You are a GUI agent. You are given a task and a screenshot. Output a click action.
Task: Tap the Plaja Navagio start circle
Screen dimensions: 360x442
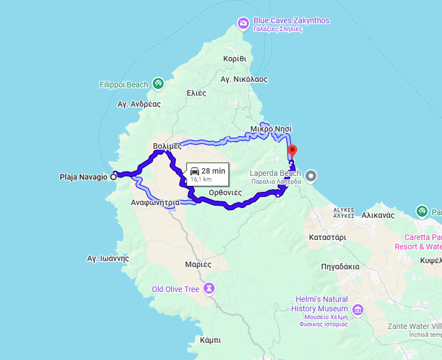point(113,177)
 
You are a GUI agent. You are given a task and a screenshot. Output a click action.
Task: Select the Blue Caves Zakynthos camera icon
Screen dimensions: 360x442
point(243,23)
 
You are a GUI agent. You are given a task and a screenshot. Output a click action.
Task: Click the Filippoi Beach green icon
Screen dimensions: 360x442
point(158,83)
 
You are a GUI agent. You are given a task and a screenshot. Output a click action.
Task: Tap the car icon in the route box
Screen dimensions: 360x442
point(194,171)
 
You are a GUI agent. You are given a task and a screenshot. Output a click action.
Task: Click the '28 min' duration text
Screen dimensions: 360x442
point(214,171)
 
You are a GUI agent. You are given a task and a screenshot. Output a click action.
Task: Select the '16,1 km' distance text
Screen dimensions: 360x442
point(201,180)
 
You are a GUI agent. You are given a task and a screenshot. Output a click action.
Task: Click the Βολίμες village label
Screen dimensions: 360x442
point(167,146)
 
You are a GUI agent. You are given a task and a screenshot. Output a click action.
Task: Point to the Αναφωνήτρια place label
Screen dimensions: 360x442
point(155,202)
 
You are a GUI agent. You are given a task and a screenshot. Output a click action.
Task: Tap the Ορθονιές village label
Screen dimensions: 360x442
point(226,192)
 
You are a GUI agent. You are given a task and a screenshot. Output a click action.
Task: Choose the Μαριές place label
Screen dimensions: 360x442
point(199,264)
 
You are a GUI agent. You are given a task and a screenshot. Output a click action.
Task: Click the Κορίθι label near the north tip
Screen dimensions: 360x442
point(235,59)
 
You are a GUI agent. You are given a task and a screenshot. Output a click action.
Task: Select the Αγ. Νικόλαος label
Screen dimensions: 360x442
point(244,79)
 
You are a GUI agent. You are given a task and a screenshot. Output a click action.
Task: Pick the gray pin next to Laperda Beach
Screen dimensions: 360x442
point(311,176)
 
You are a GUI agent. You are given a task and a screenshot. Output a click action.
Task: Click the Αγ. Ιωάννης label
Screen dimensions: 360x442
point(108,258)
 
